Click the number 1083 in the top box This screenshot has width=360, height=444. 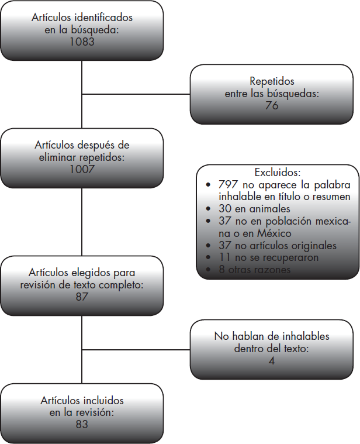tap(81, 42)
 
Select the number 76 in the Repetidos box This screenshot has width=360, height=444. tap(271, 106)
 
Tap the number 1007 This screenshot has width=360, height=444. tap(81, 169)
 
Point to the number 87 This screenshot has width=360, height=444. tap(81, 297)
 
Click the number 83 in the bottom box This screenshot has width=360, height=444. tap(81, 424)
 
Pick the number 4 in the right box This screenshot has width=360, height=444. tap(271, 360)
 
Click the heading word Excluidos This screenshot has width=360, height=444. tap(278, 173)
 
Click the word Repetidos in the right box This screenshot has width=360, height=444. tap(272, 81)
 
